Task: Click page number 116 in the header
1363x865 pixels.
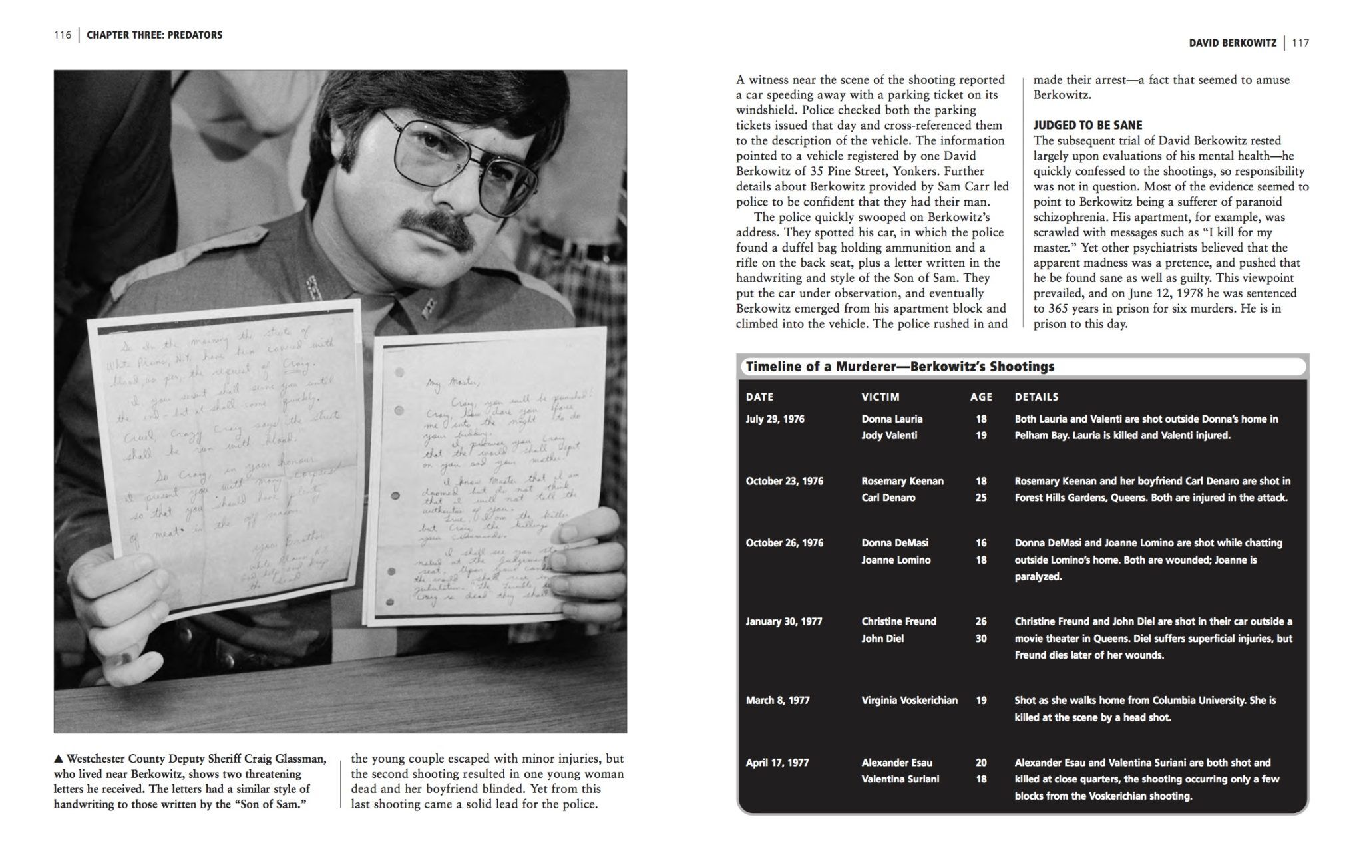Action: coord(63,35)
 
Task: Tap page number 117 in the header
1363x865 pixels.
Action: coord(1300,43)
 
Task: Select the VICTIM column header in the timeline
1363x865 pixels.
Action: coord(880,397)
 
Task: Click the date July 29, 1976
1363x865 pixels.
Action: coord(775,419)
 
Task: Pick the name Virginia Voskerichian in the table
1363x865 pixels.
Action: coord(909,700)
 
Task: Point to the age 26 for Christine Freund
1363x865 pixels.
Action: coord(981,621)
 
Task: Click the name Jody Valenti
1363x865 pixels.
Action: coord(889,436)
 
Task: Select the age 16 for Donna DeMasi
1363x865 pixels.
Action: coord(981,543)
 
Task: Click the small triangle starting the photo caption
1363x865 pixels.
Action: coord(59,759)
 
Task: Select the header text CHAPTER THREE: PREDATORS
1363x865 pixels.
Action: coord(154,35)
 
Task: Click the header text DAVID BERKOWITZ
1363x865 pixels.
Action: coord(1233,43)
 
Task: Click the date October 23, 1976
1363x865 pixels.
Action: coord(784,481)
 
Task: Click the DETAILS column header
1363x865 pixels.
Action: coord(1036,397)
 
